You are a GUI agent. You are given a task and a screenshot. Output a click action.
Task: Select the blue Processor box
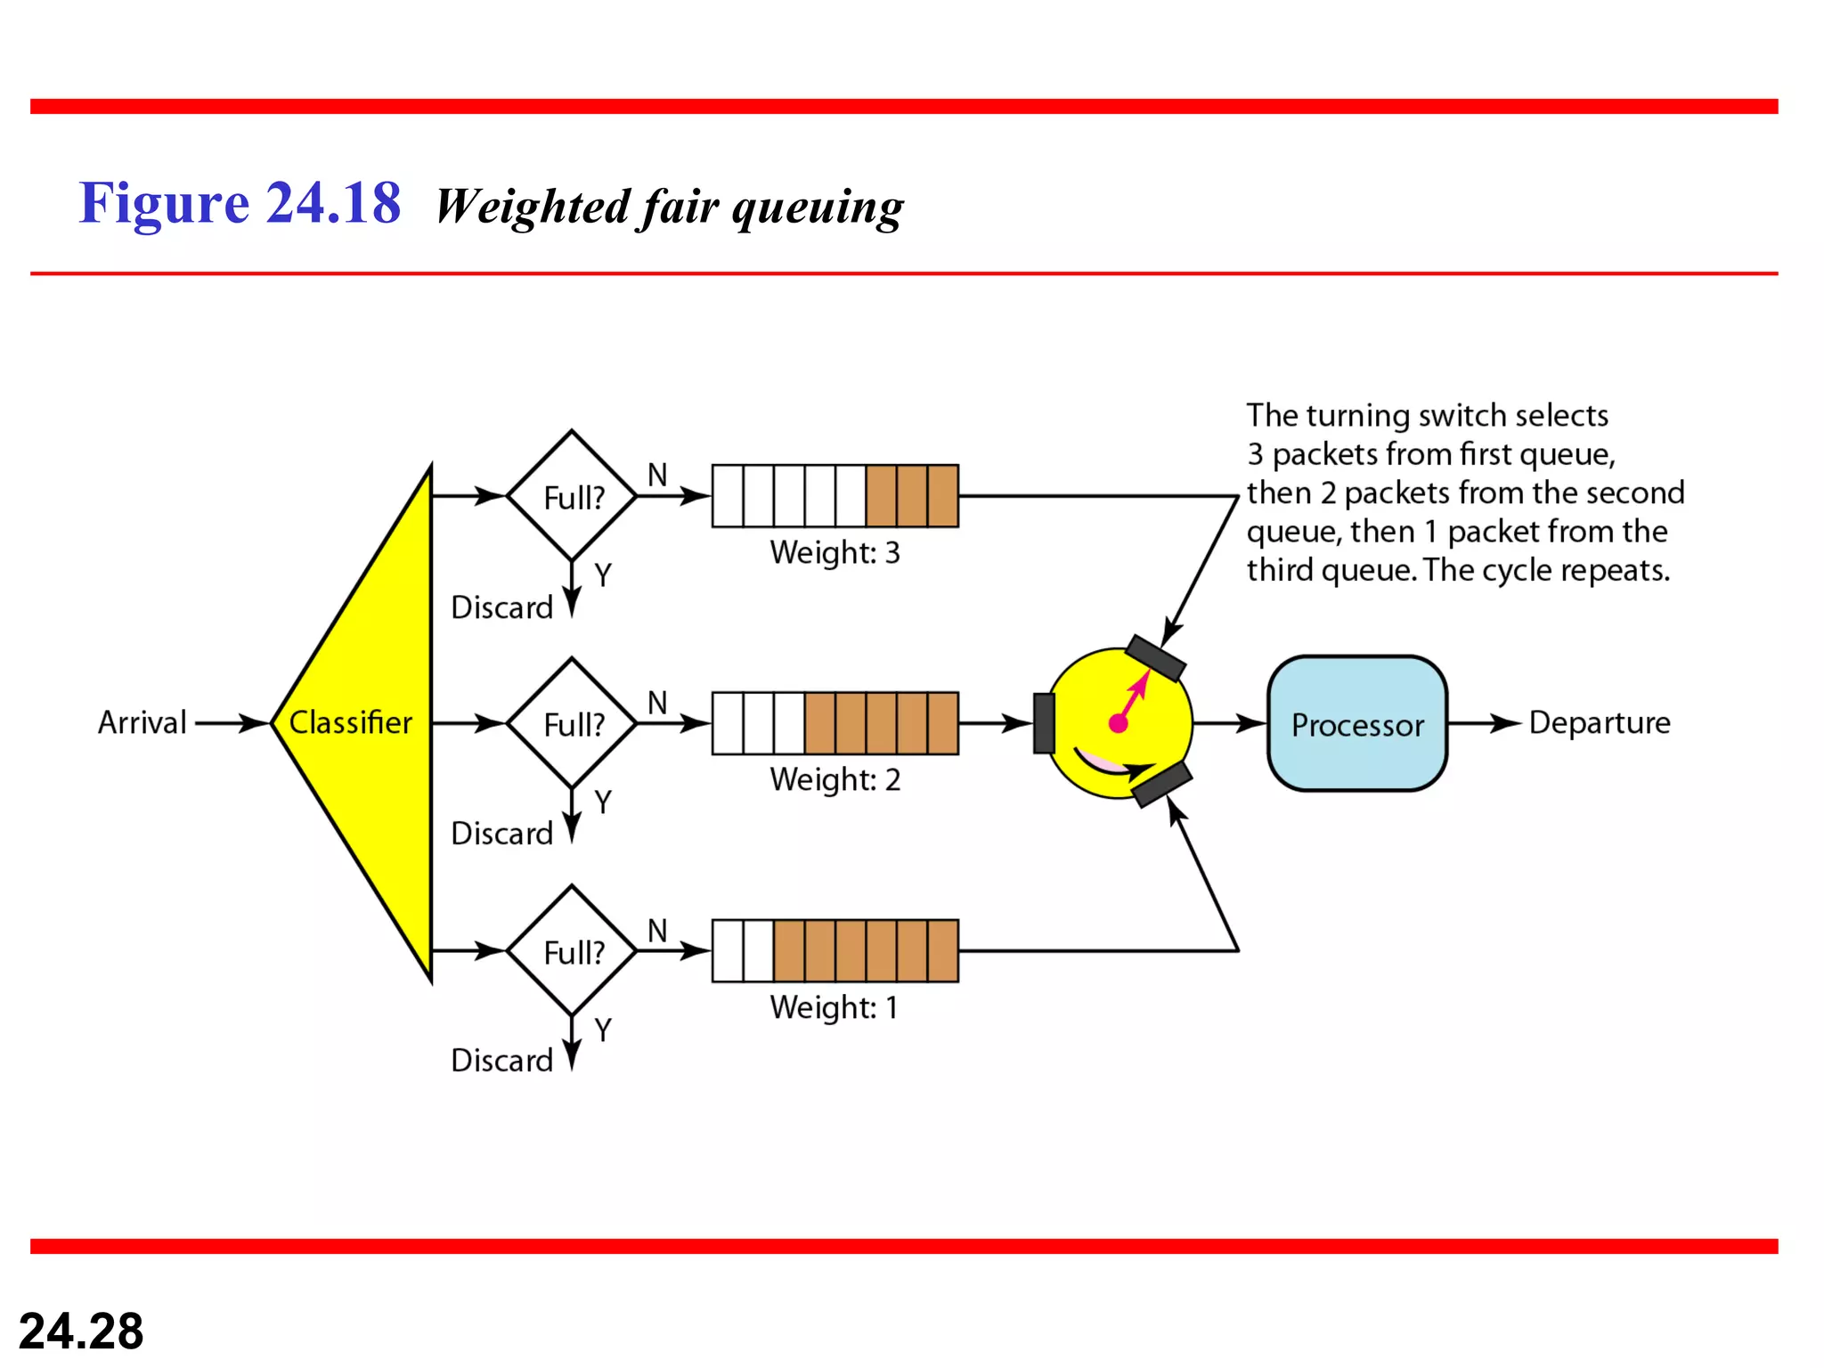pos(1356,724)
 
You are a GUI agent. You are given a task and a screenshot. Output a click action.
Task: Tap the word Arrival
pos(142,722)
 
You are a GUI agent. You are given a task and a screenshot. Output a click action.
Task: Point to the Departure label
pos(1599,722)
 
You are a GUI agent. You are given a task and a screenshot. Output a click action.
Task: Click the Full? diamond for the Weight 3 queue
pos(573,496)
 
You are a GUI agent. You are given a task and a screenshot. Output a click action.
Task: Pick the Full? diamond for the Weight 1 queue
pos(573,951)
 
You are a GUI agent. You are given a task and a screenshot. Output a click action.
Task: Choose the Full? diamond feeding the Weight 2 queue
pos(573,723)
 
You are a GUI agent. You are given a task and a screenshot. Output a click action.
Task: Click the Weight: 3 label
pos(835,553)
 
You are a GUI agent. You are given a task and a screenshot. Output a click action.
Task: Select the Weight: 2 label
pos(835,780)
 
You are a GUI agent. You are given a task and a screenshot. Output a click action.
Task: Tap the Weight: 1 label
pos(835,1008)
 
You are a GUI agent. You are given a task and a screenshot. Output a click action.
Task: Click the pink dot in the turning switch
pos(1119,723)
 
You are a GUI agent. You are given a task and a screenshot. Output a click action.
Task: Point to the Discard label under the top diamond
pos(501,607)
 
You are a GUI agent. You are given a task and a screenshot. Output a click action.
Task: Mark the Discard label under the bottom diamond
pos(501,1061)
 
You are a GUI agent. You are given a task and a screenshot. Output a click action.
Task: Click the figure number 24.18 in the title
pos(333,203)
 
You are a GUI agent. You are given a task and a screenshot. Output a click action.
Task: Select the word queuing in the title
pos(817,208)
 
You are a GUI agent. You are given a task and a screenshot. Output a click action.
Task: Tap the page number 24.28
pos(81,1331)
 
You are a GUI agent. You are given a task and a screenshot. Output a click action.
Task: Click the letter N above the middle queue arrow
pos(657,703)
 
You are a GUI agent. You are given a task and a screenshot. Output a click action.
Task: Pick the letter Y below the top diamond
pos(603,575)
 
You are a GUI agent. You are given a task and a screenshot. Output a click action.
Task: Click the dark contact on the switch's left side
pos(1044,723)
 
